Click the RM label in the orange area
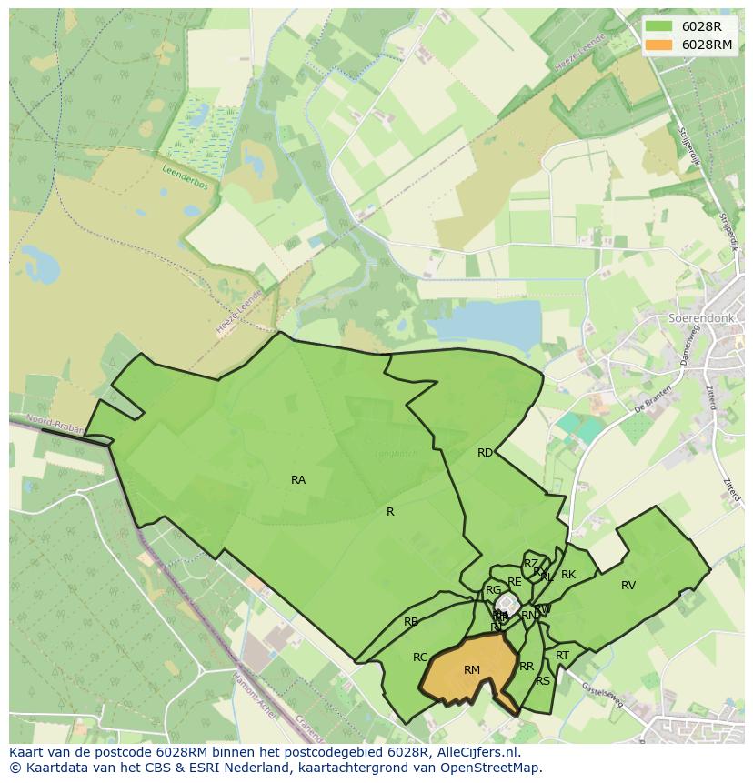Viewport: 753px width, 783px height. point(471,670)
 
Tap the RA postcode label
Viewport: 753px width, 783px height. point(298,479)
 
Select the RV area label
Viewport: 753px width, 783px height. point(628,586)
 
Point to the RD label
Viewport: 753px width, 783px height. point(485,452)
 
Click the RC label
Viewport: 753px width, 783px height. point(420,658)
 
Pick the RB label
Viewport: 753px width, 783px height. point(411,622)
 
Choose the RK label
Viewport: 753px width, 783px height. point(568,575)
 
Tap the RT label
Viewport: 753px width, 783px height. point(562,656)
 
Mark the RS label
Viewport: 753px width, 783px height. point(543,680)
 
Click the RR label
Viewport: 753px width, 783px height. point(527,667)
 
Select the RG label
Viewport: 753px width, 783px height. point(494,590)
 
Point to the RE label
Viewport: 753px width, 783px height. point(515,582)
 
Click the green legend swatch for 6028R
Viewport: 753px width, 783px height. point(659,26)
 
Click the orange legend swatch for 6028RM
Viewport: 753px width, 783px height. point(659,44)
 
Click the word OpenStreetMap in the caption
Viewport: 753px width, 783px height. point(492,768)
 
